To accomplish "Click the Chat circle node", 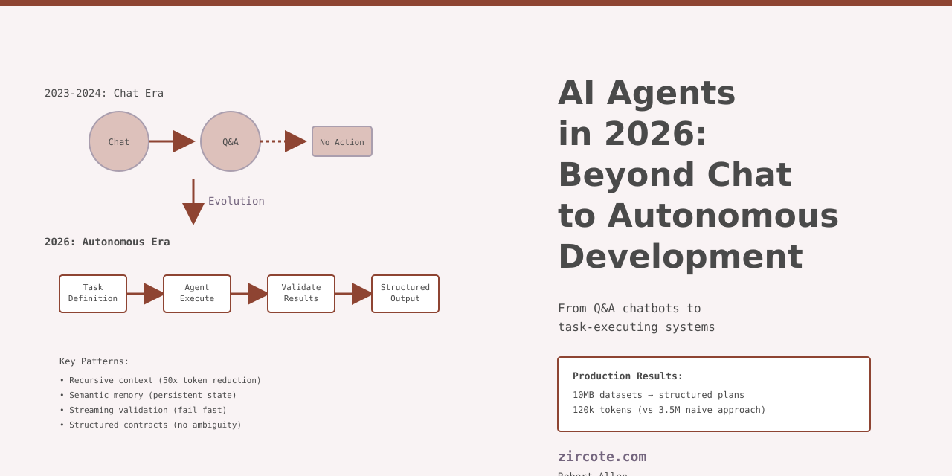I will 119,141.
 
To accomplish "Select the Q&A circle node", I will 231,141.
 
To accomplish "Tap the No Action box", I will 342,141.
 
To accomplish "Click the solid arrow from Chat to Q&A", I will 171,141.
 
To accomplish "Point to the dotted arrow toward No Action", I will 283,141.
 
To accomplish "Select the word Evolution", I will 236,201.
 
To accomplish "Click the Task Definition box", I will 93,294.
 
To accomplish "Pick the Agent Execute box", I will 197,294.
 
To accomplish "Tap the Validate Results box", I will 301,294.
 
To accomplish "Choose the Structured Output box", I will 405,294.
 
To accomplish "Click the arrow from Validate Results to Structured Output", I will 353,294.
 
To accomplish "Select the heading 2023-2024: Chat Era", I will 104,93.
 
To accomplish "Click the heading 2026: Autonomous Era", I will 107,242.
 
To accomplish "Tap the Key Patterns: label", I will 94,361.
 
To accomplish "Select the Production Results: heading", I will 628,376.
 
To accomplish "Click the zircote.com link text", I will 602,457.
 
